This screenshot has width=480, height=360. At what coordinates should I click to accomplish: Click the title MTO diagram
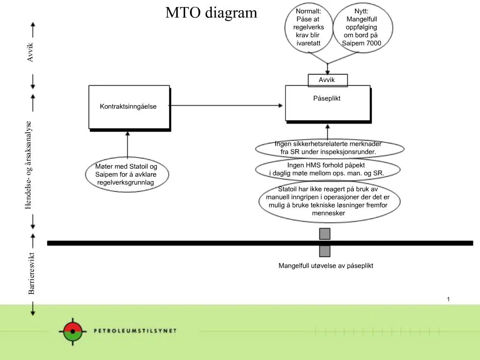click(x=211, y=13)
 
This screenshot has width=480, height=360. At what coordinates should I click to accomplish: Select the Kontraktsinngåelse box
click(x=128, y=107)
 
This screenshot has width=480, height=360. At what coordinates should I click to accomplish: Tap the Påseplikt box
click(x=327, y=103)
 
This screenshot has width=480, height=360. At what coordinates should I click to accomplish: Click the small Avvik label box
click(x=327, y=80)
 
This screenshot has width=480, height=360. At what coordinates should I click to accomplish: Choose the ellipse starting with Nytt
click(x=361, y=27)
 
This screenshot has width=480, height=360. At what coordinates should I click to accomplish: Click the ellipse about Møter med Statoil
click(x=126, y=174)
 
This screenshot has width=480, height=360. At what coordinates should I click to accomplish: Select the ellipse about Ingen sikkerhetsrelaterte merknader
click(x=329, y=148)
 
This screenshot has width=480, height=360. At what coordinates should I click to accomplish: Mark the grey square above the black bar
click(x=325, y=234)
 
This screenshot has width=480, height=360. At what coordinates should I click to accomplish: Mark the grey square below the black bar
click(x=325, y=251)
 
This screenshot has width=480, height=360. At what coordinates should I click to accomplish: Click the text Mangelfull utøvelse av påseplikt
click(x=326, y=266)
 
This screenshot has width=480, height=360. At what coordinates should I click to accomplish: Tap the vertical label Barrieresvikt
click(x=31, y=273)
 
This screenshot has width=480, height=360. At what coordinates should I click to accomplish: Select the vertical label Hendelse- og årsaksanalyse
click(x=29, y=165)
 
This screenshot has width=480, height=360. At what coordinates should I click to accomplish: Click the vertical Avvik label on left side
click(x=30, y=52)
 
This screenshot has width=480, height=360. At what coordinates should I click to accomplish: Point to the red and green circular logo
click(x=72, y=331)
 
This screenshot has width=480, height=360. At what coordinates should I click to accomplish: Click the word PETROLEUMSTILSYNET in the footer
click(x=135, y=330)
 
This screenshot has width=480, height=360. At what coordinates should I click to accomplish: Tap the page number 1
click(x=448, y=299)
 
